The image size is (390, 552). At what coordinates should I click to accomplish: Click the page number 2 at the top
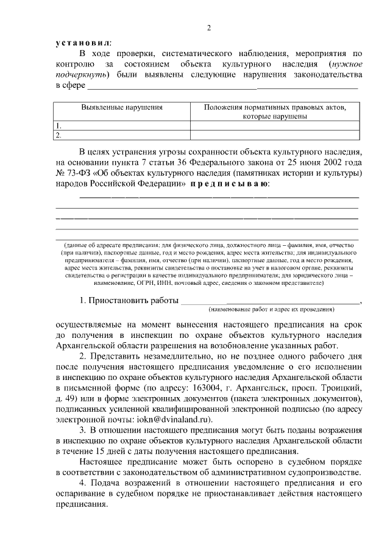click(208, 28)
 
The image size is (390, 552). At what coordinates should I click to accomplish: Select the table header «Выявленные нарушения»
click(122, 107)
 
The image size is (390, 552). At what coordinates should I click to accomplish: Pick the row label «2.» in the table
click(59, 135)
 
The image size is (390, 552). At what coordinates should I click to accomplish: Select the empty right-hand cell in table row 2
click(274, 135)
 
